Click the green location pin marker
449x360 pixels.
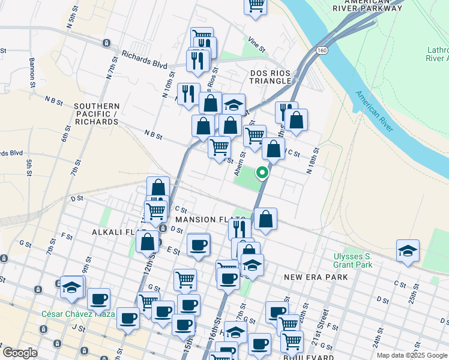click(262, 173)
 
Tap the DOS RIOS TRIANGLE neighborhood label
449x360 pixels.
click(270, 77)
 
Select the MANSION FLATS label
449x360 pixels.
click(210, 220)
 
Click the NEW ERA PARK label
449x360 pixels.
click(316, 277)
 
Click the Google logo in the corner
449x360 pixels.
click(20, 353)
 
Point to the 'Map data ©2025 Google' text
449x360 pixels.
click(412, 355)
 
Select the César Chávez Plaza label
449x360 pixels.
click(78, 314)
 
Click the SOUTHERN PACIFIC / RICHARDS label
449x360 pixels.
click(96, 114)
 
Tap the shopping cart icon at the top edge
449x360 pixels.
click(256, 5)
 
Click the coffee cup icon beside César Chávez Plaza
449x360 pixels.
click(98, 299)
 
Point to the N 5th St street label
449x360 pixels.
click(71, 22)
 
